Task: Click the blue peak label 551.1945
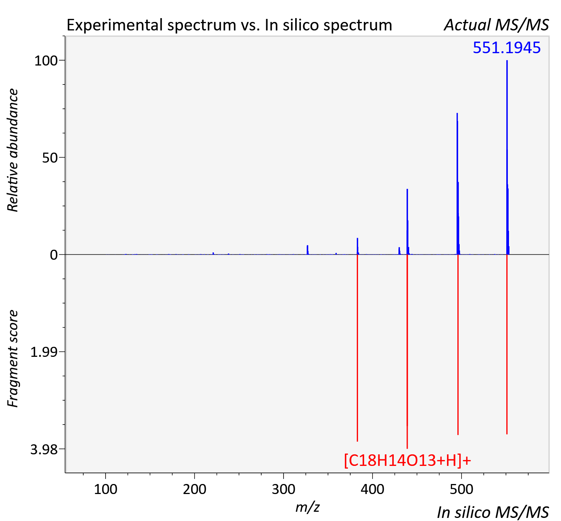click(507, 48)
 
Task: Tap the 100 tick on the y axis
click(46, 61)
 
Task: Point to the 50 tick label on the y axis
click(50, 158)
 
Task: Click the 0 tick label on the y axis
click(54, 255)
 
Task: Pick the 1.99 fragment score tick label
click(44, 352)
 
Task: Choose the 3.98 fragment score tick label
click(44, 449)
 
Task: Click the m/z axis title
click(307, 507)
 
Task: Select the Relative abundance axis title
click(13, 150)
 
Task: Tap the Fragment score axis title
click(13, 358)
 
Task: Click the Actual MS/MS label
click(496, 25)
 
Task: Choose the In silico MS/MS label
click(493, 512)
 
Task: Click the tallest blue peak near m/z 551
click(507, 157)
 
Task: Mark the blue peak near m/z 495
click(457, 184)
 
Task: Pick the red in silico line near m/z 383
click(357, 348)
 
